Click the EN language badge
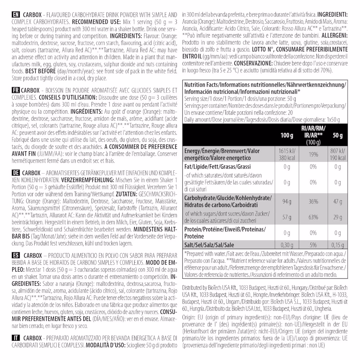point(16,15)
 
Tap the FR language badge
point(16,89)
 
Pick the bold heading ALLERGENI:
point(333,36)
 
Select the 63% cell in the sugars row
point(313,217)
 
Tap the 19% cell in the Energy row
point(313,154)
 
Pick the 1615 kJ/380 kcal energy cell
point(287,154)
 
